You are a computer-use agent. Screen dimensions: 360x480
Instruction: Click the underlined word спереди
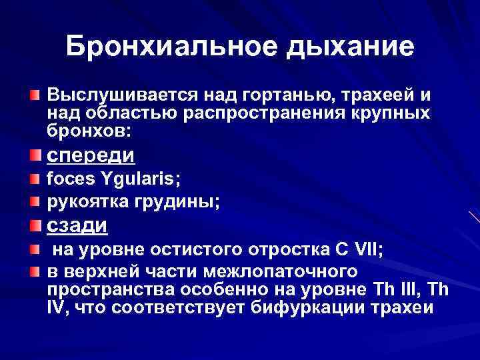91,156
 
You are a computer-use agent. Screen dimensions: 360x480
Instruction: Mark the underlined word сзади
77,225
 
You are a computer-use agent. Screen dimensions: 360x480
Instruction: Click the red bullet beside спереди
34,156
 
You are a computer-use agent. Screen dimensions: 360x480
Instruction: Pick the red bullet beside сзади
34,225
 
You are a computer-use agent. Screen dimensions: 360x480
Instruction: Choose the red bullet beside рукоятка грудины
34,200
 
